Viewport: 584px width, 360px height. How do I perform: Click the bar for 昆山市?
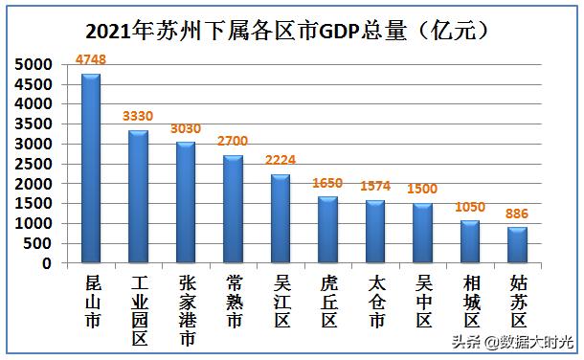[x=91, y=168]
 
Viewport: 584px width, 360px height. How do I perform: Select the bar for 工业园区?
[x=138, y=196]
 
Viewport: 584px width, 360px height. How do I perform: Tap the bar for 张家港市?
[x=186, y=202]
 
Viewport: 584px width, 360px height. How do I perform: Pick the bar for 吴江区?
[x=281, y=218]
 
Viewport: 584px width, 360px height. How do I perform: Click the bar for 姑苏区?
[x=517, y=244]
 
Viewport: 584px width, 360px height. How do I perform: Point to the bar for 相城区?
[x=470, y=241]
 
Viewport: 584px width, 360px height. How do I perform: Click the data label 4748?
[x=91, y=60]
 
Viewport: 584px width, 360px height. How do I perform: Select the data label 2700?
[x=233, y=141]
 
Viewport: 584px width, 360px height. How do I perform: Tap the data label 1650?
[x=327, y=183]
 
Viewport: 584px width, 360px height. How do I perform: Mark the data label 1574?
[x=375, y=186]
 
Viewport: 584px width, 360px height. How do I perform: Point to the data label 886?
[x=517, y=214]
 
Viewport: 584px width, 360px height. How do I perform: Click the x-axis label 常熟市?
[x=233, y=303]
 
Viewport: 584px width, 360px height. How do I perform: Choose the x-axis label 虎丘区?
[x=327, y=303]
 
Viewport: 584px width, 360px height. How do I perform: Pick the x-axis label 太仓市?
[x=375, y=303]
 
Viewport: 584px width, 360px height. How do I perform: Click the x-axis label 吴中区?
[x=422, y=303]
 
